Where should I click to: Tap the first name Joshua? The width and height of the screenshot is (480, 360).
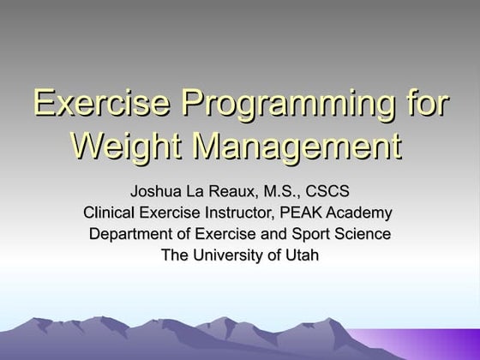(x=157, y=190)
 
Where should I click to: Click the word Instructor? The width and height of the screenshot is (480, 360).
(x=249, y=212)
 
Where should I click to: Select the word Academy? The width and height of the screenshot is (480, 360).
(x=366, y=213)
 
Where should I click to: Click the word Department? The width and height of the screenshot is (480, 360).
(x=131, y=234)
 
